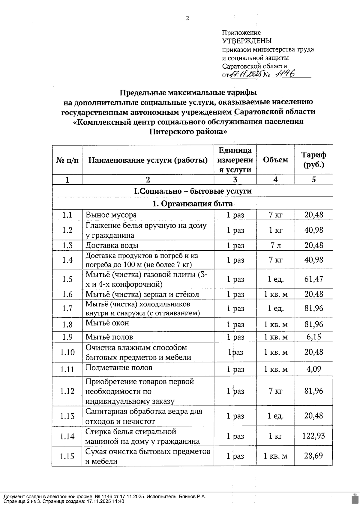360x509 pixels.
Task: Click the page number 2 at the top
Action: click(187, 19)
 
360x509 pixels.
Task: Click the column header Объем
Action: click(275, 160)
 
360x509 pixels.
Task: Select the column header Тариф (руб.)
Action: click(313, 160)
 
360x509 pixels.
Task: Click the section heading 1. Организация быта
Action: click(192, 204)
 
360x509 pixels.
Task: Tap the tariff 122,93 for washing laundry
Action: click(314, 436)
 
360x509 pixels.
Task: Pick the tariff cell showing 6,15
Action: click(314, 337)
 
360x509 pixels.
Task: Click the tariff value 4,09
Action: click(314, 369)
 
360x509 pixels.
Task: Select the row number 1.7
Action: click(67, 308)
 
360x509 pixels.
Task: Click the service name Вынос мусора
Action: click(111, 215)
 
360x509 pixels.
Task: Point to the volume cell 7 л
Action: click(275, 245)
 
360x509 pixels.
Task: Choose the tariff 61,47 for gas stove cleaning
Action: click(314, 279)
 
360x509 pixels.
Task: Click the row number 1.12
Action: click(67, 391)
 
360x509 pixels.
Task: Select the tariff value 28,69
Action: click(314, 456)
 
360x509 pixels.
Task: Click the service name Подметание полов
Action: click(119, 368)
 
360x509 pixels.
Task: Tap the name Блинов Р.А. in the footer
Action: click(192, 496)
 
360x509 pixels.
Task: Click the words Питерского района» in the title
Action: click(188, 132)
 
